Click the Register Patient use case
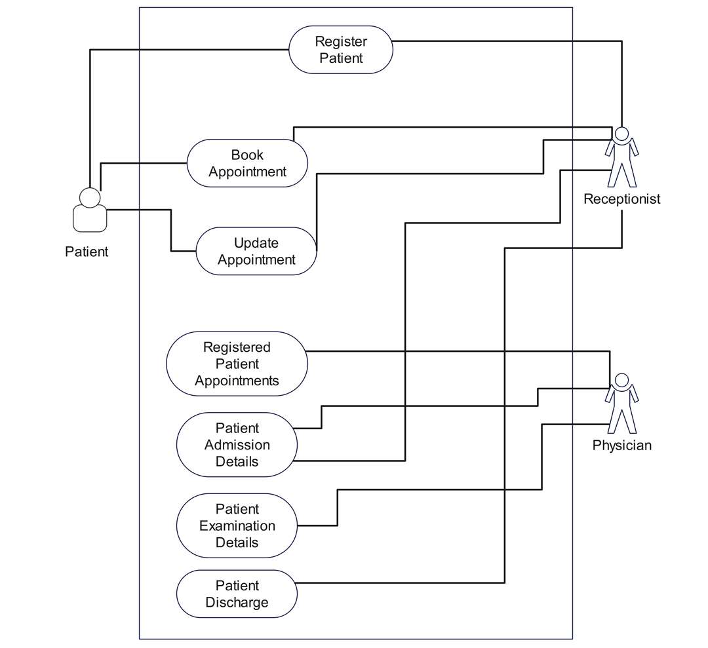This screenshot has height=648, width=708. tap(341, 50)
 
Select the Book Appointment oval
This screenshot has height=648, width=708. tap(247, 163)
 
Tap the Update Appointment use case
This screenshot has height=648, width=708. tap(256, 251)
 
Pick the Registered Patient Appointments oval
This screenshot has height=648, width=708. tap(237, 364)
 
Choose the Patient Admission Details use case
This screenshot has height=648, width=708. tap(237, 445)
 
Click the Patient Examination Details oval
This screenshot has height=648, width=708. tap(237, 525)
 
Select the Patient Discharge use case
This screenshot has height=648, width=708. tap(237, 594)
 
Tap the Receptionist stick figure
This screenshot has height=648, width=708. tap(621, 157)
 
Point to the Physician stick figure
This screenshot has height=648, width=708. tap(621, 404)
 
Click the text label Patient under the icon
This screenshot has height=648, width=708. tap(87, 252)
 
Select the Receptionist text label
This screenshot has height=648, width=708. tap(621, 199)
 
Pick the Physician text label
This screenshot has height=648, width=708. tap(621, 446)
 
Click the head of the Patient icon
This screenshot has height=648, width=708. tap(90, 197)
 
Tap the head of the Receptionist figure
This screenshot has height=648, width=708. tap(621, 133)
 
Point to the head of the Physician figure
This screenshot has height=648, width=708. tap(621, 380)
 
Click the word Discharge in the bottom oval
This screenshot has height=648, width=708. tap(237, 602)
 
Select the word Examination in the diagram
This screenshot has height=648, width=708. tap(237, 525)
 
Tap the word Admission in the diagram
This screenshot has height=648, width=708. tap(237, 445)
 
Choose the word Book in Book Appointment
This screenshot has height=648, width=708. tap(247, 155)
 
